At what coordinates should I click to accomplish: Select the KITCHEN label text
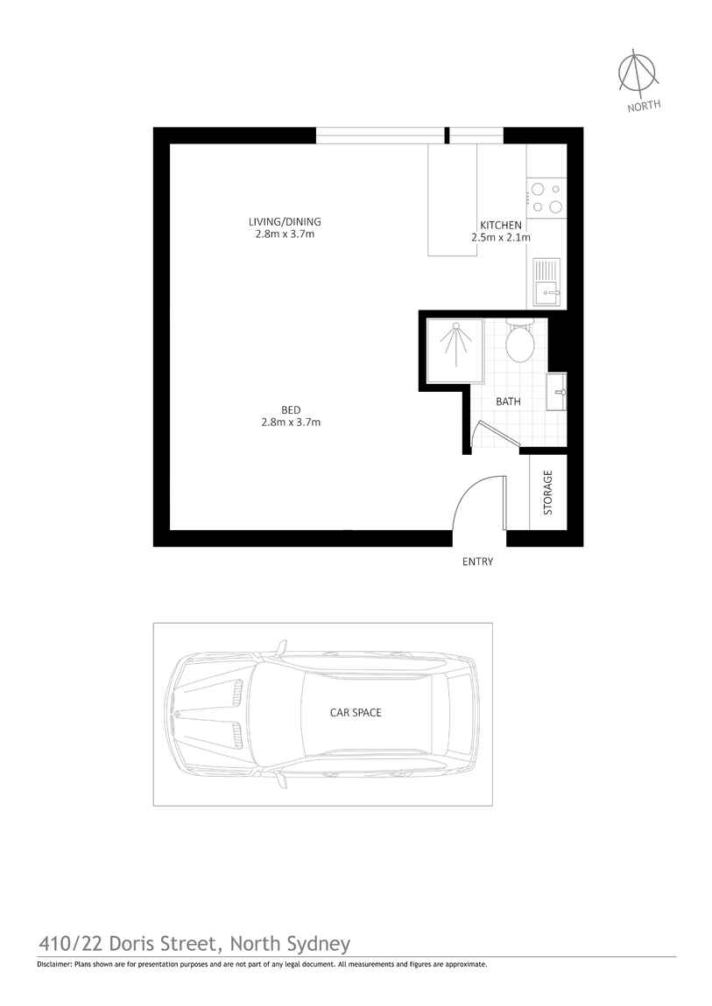click(x=500, y=225)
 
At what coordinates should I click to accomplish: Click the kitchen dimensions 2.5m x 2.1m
click(x=500, y=237)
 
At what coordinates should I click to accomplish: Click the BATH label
click(x=508, y=402)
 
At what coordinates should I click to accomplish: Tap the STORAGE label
click(x=548, y=493)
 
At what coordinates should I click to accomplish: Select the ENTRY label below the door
click(x=477, y=562)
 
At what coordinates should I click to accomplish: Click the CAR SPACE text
click(x=355, y=713)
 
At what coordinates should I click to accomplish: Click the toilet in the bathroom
click(x=520, y=342)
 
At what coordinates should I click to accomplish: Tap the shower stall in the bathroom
click(x=454, y=350)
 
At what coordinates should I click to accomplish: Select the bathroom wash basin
click(x=555, y=391)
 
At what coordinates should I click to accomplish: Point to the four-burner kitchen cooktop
click(x=546, y=198)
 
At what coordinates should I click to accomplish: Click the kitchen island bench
click(x=452, y=200)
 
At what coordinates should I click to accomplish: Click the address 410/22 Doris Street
click(x=130, y=943)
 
